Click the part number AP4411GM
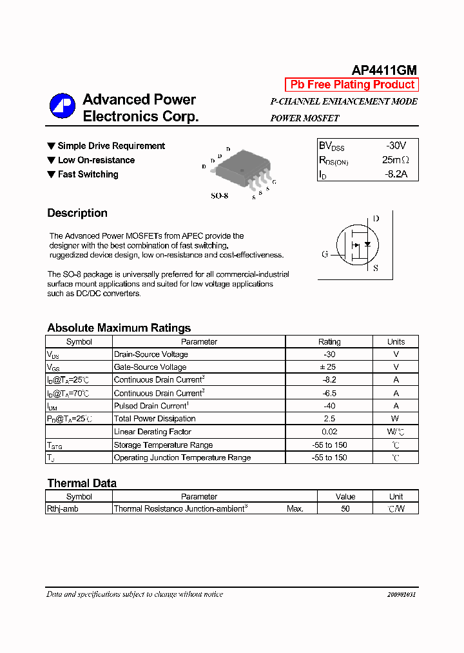[384, 70]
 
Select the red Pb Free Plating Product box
[352, 85]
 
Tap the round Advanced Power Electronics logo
[63, 107]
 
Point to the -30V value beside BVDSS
[396, 146]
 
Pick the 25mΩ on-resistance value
[395, 160]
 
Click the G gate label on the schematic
[325, 254]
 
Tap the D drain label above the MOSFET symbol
[376, 219]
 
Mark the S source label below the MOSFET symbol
[376, 268]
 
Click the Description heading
[77, 213]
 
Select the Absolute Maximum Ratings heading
[119, 328]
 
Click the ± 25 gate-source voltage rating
[329, 367]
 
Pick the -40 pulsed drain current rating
[329, 406]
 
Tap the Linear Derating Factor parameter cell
[153, 432]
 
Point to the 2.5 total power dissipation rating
[329, 419]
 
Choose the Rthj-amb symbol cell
[63, 508]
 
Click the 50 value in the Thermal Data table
[345, 508]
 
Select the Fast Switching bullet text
[88, 174]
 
